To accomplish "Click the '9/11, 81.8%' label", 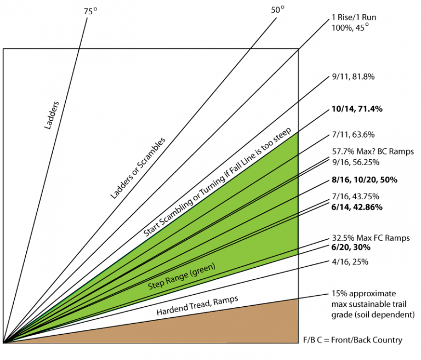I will point(352,77).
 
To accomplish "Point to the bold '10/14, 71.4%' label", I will point(356,109).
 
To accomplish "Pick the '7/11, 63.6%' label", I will point(352,134).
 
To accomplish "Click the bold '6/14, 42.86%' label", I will point(357,207).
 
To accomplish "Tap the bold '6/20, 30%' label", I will point(351,248).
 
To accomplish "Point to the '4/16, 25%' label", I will point(350,262).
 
